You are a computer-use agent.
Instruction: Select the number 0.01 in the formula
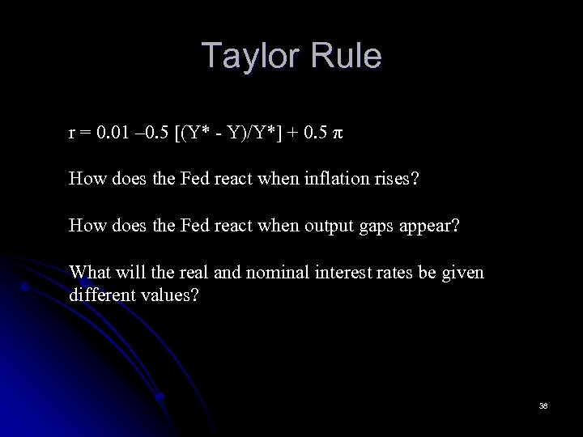click(113, 133)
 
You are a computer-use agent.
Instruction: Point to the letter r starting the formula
click(72, 134)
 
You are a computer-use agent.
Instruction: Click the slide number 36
click(543, 405)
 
